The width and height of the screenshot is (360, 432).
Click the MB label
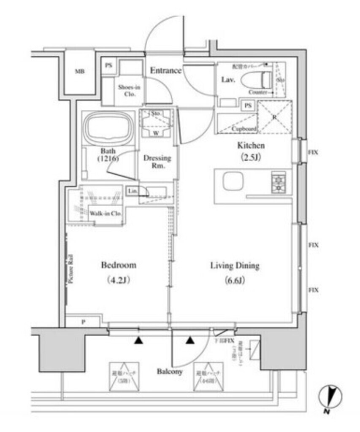pos(80,71)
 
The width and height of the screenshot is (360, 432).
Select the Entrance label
pos(166,70)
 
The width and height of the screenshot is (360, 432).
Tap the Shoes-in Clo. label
pos(129,90)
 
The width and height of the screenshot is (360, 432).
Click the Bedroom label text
pos(118,265)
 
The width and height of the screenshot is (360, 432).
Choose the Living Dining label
pos(235,266)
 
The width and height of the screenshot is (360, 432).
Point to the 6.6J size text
pos(235,281)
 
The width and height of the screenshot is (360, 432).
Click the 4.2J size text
pos(118,281)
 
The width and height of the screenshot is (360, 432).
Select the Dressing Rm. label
pos(157,162)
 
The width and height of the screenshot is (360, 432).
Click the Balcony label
pos(170,372)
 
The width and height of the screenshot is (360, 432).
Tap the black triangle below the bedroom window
pos(138,340)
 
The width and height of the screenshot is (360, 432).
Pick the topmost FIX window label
pos(313,153)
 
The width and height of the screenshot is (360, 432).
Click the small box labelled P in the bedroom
pos(83,321)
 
